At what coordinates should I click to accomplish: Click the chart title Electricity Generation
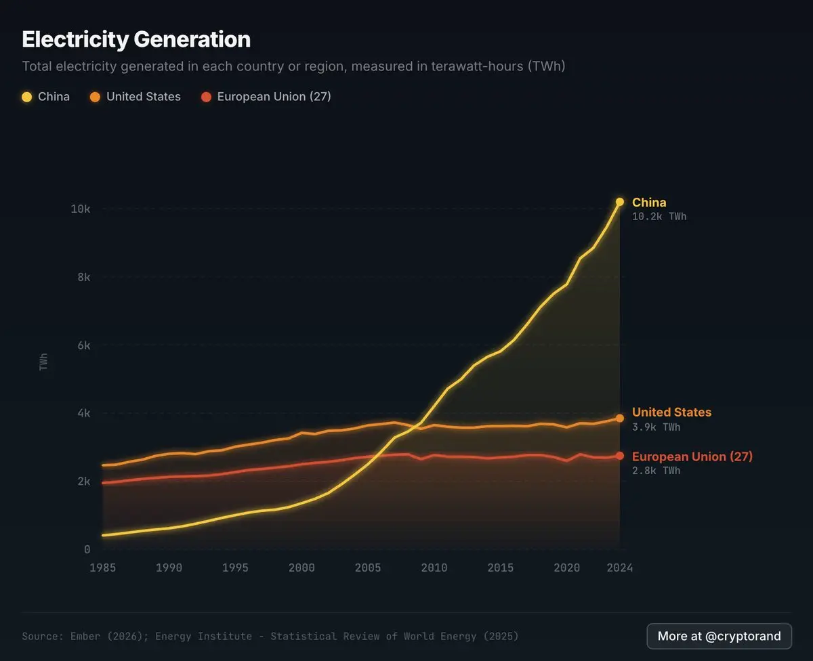tap(136, 39)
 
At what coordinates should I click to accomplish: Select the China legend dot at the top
tap(27, 97)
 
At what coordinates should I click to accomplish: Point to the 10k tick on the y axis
tap(81, 209)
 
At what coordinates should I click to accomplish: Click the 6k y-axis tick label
tap(84, 345)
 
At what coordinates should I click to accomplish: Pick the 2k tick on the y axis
tap(84, 482)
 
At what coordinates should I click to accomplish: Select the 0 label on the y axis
tap(87, 549)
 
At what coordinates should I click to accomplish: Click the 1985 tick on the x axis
tap(103, 568)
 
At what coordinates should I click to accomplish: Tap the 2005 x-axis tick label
tap(368, 568)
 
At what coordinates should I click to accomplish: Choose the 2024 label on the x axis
tap(619, 568)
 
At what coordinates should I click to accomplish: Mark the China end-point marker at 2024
tap(620, 202)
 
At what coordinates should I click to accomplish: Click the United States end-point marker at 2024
tap(620, 419)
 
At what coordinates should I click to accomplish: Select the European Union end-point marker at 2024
tap(620, 456)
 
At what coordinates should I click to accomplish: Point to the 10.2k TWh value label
tap(659, 217)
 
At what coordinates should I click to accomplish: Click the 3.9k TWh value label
tap(656, 427)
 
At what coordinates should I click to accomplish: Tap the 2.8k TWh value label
tap(656, 471)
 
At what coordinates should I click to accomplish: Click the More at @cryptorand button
tap(719, 636)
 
